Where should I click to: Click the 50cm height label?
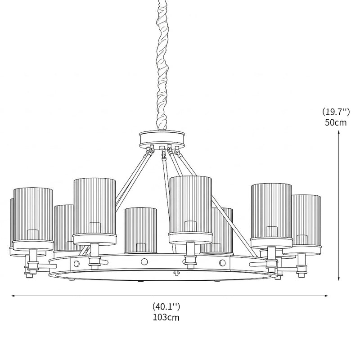(335, 122)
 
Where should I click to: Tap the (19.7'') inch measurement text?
(336, 112)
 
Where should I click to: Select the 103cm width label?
(166, 318)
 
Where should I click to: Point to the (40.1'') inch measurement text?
(166, 306)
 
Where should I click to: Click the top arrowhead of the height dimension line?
(339, 132)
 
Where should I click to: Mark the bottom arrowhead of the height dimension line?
(339, 279)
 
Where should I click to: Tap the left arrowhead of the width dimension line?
(13, 296)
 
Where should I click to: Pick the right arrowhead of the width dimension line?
(326, 296)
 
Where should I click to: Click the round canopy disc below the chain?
(162, 139)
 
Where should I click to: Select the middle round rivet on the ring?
(144, 261)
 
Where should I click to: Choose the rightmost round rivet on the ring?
(222, 262)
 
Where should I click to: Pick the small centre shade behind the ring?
(140, 231)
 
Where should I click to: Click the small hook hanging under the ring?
(176, 274)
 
